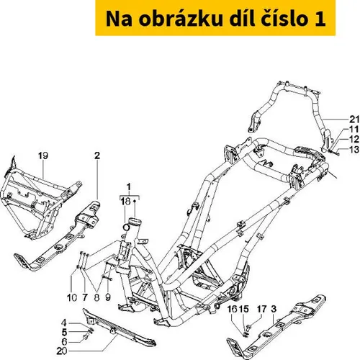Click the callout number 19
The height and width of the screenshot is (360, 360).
coord(43,156)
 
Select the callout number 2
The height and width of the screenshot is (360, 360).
coord(97,156)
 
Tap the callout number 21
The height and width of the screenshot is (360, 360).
coord(354,120)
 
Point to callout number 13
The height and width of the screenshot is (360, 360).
coord(354,150)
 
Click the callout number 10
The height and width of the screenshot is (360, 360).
coord(72,298)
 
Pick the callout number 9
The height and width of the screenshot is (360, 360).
coord(108,297)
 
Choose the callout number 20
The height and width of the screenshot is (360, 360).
coord(62,351)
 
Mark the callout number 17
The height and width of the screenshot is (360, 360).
coord(262,309)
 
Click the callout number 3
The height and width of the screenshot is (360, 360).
coord(274,309)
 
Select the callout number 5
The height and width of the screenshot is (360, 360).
coord(64,333)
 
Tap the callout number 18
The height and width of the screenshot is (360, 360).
coord(125,202)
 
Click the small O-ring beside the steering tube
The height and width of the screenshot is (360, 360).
coord(126,227)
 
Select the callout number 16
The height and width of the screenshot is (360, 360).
coord(233,309)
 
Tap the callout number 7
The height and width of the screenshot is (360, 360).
coord(85,298)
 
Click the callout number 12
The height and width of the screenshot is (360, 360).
coord(354,139)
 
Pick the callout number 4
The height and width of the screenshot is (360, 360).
coord(64,323)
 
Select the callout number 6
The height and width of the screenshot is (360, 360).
coord(64,341)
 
